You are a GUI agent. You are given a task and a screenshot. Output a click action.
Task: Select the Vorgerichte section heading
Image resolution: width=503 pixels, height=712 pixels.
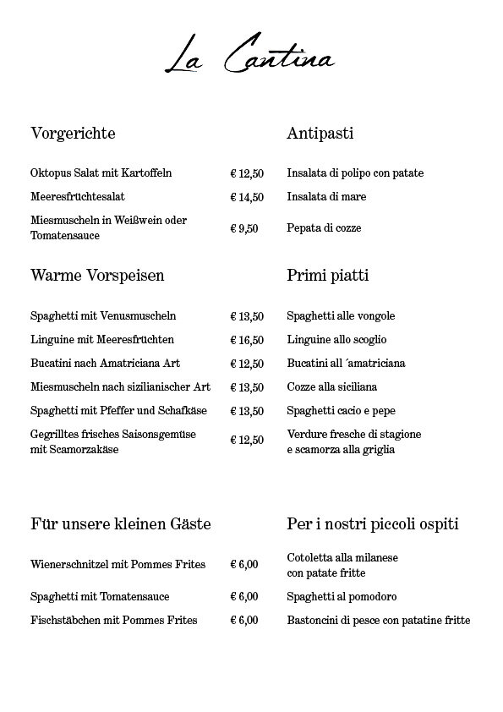point(73,134)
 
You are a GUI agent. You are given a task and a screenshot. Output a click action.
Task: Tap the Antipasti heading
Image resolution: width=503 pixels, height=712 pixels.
point(320,134)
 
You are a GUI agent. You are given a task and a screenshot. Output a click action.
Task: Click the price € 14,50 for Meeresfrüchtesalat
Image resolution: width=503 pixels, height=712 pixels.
point(247,197)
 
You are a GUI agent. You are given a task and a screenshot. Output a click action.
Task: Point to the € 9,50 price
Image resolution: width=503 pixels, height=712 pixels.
point(244,228)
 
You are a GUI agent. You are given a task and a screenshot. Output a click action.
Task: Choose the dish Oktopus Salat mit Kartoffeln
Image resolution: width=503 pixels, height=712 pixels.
point(101,173)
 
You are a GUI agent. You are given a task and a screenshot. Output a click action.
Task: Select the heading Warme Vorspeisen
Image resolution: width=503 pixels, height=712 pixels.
point(97,276)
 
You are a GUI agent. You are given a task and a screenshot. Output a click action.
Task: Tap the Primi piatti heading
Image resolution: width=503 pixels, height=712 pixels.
point(328,276)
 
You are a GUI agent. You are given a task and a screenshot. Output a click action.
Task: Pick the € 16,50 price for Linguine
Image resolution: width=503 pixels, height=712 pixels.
point(247,340)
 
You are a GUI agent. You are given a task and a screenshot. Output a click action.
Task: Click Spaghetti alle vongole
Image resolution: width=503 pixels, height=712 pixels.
point(341,316)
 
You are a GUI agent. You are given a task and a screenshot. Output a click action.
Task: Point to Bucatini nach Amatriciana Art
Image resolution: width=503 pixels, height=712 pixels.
point(105,364)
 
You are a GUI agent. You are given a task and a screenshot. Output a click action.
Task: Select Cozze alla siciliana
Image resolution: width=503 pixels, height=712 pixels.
point(331,387)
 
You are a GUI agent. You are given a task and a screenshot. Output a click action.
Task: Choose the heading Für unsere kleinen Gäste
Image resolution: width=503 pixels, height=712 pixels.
point(121,524)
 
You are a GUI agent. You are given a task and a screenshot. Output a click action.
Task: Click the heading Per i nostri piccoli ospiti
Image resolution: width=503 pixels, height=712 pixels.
point(373,524)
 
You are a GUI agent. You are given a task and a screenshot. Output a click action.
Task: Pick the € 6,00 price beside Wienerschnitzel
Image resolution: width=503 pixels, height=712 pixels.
point(244,565)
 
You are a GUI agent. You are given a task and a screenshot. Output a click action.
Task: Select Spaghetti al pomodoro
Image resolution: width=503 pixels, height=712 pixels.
point(342,597)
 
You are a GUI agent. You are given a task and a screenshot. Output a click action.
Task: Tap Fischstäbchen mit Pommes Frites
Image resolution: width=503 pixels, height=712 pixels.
point(114,621)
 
